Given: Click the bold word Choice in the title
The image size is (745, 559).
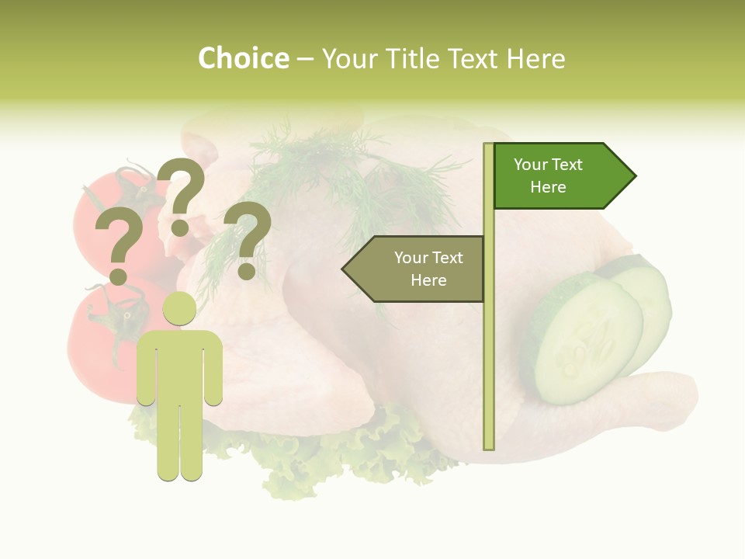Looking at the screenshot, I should coord(243,59).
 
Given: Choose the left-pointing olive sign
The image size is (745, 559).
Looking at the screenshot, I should coord(414,269).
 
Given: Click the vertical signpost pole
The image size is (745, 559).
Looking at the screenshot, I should coord(488,349).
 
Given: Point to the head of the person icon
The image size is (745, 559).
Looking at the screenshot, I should coord(179,308).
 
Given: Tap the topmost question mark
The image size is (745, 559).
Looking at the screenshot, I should coord(182,194).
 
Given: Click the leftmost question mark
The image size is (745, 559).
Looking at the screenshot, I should coord(119,245).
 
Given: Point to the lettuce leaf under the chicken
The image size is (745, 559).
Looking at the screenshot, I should coord(326,458).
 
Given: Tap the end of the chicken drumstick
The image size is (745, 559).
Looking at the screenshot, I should coord(675,400).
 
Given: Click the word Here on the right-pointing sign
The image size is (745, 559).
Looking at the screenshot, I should coord(548,187).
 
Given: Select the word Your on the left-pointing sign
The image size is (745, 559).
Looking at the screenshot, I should coord(411,258).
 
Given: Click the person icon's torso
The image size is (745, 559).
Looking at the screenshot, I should coord(179,365).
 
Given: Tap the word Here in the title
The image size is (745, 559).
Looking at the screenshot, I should coord(535,59).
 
